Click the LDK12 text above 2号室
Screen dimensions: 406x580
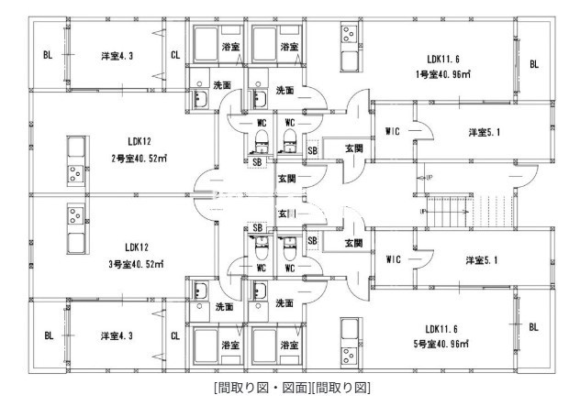pyautogui.click(x=139, y=141)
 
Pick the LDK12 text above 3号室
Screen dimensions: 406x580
pyautogui.click(x=138, y=247)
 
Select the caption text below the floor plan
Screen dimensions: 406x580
pyautogui.click(x=290, y=389)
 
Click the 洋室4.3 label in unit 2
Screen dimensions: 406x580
pyautogui.click(x=117, y=56)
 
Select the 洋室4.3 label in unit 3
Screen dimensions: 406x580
pyautogui.click(x=117, y=336)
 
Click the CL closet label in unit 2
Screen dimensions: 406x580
pyautogui.click(x=175, y=55)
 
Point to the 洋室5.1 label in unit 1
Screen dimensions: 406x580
pyautogui.click(x=484, y=132)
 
